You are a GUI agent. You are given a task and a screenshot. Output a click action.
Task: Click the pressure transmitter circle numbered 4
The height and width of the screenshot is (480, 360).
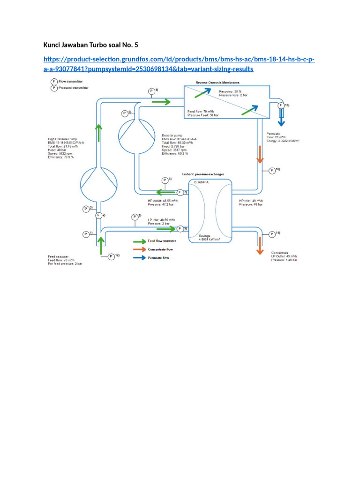point(151,91)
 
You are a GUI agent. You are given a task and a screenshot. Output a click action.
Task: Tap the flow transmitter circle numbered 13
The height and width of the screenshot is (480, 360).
point(281,105)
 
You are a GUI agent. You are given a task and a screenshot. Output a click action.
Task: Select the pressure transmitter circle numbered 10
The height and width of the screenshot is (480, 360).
point(272,171)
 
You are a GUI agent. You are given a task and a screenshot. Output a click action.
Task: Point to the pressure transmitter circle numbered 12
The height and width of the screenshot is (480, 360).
point(111,256)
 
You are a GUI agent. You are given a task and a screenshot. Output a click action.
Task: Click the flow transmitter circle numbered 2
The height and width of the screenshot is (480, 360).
point(99,216)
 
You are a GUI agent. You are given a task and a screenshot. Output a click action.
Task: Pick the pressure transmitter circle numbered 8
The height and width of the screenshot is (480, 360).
point(135,217)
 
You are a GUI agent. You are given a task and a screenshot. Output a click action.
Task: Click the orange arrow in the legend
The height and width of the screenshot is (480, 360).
point(140,249)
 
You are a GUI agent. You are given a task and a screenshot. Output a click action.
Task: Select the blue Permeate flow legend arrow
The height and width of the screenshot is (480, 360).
point(140,258)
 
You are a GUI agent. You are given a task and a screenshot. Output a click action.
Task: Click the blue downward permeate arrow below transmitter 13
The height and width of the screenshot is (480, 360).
point(281,120)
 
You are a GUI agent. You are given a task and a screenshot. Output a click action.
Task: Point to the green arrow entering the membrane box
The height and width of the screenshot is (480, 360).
point(161,101)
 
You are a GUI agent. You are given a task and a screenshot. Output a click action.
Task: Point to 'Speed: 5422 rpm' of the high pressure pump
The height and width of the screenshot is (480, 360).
point(60,153)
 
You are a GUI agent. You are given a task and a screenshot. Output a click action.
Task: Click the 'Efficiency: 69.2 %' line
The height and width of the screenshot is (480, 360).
point(175,154)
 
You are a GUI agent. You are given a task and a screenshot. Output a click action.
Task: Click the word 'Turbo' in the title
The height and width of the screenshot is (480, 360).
point(97,45)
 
